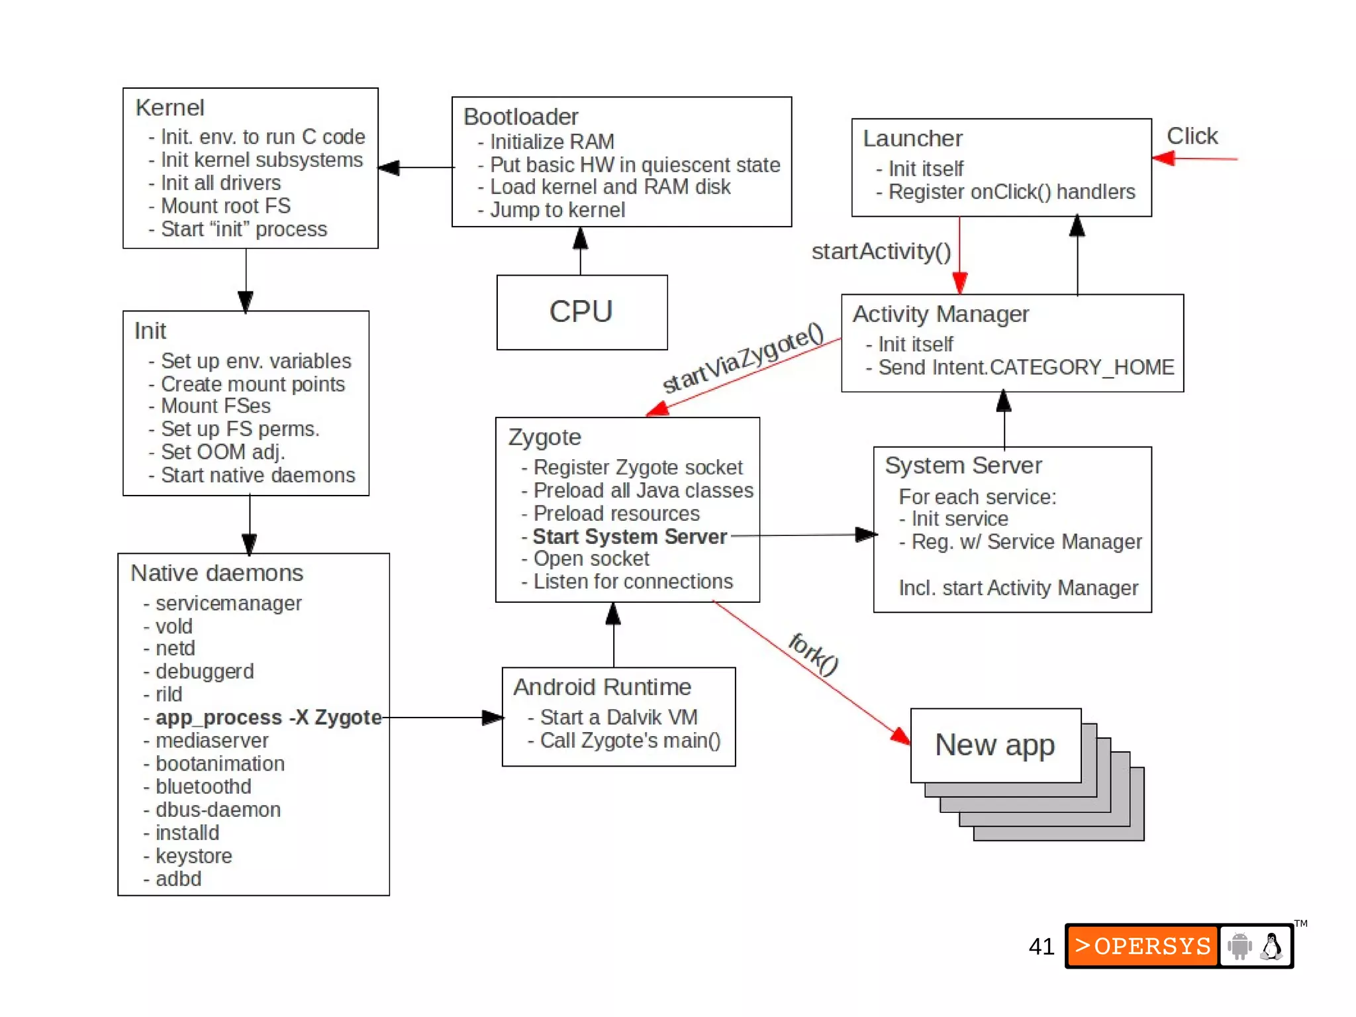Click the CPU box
coord(581,312)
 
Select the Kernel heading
coord(169,108)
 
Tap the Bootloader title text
coord(520,117)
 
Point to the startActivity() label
coord(881,252)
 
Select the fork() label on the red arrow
coord(814,653)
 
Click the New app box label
coord(994,745)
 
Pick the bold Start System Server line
coord(630,537)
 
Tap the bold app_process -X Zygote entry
coord(268,718)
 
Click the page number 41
coord(1041,947)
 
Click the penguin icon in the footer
coord(1271,946)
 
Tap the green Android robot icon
coord(1239,946)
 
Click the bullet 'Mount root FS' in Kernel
coord(226,206)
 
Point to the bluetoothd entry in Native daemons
coord(203,787)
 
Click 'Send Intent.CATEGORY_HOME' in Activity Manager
coord(1026,368)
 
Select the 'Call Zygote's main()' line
coord(630,741)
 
